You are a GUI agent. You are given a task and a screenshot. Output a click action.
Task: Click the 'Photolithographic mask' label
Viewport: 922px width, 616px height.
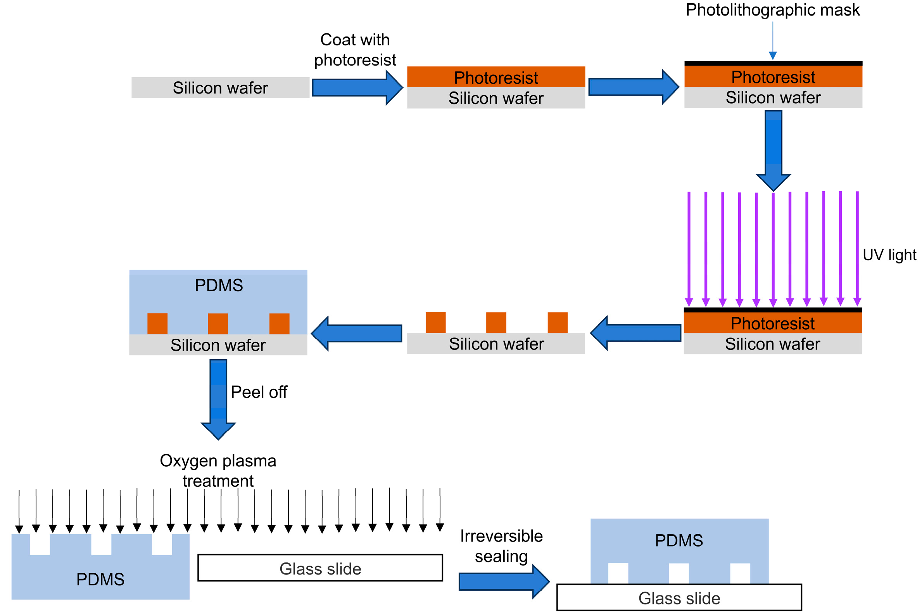coord(772,10)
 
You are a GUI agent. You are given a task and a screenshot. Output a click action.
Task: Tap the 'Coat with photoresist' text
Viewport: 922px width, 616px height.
coord(355,50)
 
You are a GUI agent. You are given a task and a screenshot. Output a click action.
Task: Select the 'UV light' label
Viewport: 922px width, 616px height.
coord(889,255)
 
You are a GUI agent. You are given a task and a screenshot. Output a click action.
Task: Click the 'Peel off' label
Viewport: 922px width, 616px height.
coord(259,392)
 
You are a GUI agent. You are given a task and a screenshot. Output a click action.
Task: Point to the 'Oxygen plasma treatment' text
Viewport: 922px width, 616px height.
coord(218,471)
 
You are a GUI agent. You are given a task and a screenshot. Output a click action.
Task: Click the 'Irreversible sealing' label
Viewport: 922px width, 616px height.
coord(501,546)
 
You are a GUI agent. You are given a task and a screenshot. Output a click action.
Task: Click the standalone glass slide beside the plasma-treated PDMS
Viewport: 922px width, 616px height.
coord(320,568)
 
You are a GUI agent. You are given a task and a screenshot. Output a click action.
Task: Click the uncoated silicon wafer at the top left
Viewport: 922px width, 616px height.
coord(220,88)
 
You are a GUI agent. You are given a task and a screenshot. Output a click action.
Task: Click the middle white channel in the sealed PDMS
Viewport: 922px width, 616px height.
coord(679,574)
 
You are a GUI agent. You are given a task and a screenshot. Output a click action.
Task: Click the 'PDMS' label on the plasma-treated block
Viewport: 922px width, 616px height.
coord(100,580)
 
